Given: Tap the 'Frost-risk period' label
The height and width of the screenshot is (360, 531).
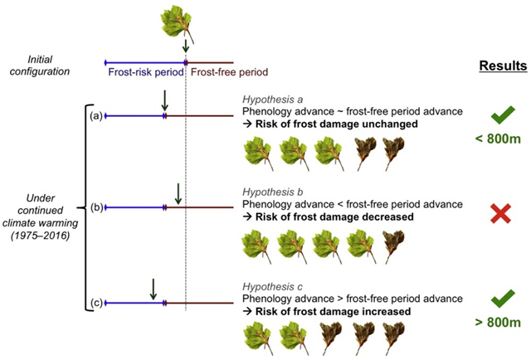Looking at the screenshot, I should coord(146,72).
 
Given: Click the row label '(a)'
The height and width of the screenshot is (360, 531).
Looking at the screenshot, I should coord(96,116).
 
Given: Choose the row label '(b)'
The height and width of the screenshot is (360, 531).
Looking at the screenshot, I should coord(96,207).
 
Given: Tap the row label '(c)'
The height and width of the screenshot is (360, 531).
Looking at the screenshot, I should coord(96,303).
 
